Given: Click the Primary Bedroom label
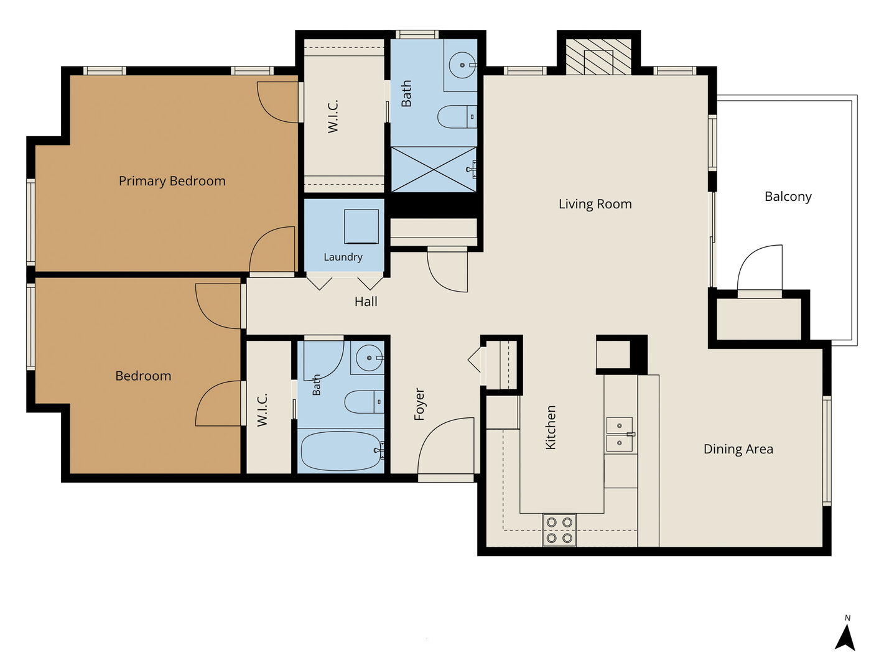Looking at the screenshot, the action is (172, 181).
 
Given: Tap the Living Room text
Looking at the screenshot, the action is (595, 204).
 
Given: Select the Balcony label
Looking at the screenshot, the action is (788, 197).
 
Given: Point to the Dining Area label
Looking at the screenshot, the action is (738, 449).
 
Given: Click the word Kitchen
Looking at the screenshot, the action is (550, 427).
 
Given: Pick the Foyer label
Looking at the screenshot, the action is (419, 404).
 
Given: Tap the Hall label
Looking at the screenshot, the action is (366, 302).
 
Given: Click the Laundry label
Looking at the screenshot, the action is (343, 257).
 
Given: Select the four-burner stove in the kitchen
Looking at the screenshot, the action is (559, 530).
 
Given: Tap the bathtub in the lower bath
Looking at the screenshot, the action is (342, 450).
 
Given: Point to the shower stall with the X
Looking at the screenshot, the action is (434, 169).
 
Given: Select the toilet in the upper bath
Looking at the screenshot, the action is (457, 117).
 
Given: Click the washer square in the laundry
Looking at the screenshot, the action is (361, 226).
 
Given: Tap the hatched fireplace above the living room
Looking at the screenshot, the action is (598, 57).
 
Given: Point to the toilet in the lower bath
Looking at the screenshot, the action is (364, 401).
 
